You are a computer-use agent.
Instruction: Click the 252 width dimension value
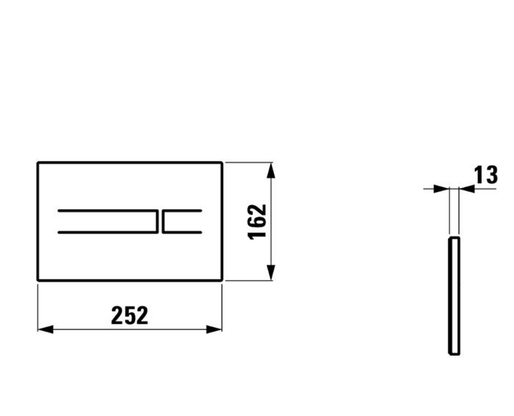click(x=129, y=315)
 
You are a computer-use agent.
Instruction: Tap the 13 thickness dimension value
click(x=486, y=175)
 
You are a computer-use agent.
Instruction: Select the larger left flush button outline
click(x=107, y=221)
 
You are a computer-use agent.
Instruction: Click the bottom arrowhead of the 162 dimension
click(x=272, y=274)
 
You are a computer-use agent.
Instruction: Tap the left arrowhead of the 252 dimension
click(x=44, y=329)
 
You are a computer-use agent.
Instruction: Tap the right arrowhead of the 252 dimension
click(x=215, y=329)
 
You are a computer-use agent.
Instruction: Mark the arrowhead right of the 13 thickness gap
click(x=466, y=189)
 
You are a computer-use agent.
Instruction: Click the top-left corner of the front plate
click(x=38, y=163)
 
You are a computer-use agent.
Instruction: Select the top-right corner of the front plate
click(x=222, y=163)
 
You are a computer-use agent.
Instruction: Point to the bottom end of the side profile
click(x=454, y=354)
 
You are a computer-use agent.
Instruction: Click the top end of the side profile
click(x=454, y=237)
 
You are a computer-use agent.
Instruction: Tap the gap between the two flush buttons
click(x=161, y=221)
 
